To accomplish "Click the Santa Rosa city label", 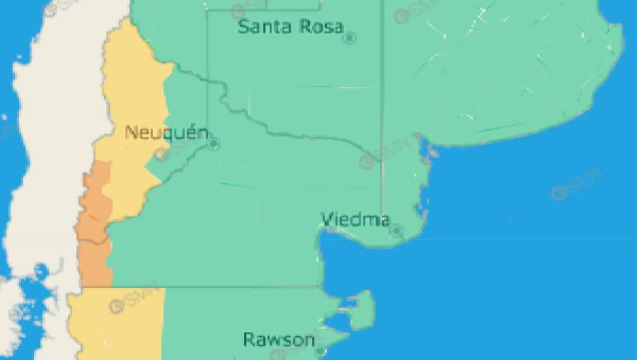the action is click(x=290, y=26).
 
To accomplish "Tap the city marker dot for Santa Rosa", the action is click(x=349, y=37).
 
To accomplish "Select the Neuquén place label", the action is click(x=160, y=132).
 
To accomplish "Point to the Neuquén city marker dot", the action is click(x=214, y=144).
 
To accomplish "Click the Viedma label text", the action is click(x=355, y=219).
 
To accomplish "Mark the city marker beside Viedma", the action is click(x=396, y=230).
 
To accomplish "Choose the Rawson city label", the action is click(x=279, y=339).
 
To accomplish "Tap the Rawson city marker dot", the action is click(x=320, y=351).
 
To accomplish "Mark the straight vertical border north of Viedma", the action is click(x=381, y=124).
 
